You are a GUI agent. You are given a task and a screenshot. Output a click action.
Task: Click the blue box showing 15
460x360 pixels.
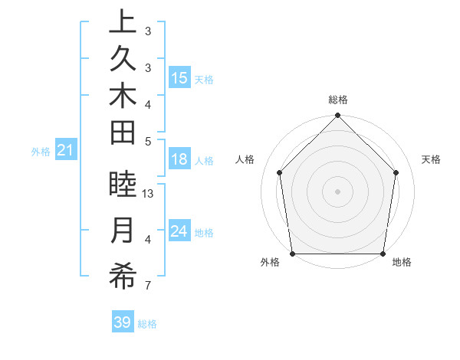[x=179, y=78]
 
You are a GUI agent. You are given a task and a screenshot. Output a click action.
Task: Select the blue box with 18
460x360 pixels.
[x=179, y=159]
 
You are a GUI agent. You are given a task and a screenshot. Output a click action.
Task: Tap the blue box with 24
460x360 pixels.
[x=179, y=231]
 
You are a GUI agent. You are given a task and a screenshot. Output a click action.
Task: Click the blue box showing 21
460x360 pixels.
[x=66, y=151]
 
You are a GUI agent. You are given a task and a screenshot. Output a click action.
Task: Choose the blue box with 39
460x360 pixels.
[x=123, y=322]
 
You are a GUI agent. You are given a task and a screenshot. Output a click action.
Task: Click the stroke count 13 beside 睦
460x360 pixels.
[x=149, y=194]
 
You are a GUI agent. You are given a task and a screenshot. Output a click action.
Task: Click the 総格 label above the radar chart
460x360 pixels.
[x=338, y=100]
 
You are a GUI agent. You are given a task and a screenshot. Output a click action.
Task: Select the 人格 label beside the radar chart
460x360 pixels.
[x=245, y=159]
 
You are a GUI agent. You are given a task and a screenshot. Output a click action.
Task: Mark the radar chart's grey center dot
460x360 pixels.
[x=338, y=191]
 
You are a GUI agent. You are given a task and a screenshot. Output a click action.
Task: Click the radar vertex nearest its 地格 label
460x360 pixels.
[x=383, y=254]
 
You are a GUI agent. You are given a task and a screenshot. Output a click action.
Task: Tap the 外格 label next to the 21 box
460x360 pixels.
[x=41, y=152]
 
